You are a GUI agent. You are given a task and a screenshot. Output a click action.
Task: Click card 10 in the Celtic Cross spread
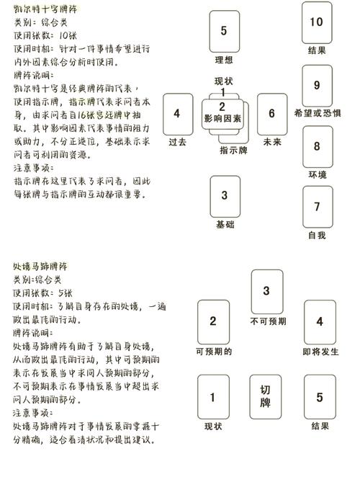[x=316, y=22]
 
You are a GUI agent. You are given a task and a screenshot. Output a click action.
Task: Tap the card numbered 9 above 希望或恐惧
[x=317, y=85]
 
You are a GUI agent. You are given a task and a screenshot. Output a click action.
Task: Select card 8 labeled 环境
[x=317, y=146]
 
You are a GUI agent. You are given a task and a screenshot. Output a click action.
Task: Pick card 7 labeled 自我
[x=317, y=207]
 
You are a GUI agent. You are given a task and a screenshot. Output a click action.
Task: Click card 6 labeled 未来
[x=271, y=114]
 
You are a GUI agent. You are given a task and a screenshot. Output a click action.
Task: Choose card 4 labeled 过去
[x=177, y=114]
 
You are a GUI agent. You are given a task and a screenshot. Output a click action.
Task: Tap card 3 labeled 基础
[x=225, y=195]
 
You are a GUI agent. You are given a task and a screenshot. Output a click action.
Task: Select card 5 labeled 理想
[x=225, y=31]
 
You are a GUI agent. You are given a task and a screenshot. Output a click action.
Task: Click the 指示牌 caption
[x=233, y=151]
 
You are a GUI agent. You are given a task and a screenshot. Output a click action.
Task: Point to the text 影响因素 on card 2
[x=222, y=117]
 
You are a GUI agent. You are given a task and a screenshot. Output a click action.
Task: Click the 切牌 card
[x=266, y=396]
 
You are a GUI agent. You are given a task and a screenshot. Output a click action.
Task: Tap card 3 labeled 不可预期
[x=266, y=291]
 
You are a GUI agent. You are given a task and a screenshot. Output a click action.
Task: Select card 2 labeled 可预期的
[x=213, y=322]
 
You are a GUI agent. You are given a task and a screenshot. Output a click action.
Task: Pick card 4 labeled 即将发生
[x=320, y=322]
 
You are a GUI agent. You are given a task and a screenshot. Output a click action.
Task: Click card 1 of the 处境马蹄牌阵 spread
[x=213, y=397]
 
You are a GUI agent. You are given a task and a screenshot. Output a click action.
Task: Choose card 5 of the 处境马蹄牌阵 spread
[x=320, y=397]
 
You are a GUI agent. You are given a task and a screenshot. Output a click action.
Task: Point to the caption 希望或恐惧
[x=318, y=113]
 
